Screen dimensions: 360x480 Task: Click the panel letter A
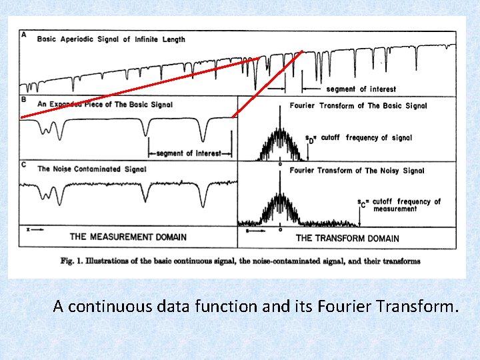[x=24, y=34]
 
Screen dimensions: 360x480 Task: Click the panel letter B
[x=24, y=99]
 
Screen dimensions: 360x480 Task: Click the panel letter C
[x=24, y=164]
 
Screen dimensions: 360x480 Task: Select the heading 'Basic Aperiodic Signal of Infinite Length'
[x=111, y=39]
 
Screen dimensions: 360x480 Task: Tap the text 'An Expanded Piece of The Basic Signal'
[x=105, y=105]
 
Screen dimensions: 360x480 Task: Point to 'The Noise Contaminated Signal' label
[x=91, y=169]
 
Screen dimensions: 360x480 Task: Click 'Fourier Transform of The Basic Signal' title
[x=358, y=106]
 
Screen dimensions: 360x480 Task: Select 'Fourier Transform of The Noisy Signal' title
[x=357, y=171]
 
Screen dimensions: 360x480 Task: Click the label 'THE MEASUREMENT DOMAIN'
[x=128, y=237]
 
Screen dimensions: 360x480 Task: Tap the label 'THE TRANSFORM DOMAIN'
[x=347, y=238]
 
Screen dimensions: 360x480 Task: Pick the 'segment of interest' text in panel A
[x=361, y=89]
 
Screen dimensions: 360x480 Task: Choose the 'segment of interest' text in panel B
[x=189, y=153]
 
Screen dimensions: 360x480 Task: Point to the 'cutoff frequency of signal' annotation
[x=366, y=138]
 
